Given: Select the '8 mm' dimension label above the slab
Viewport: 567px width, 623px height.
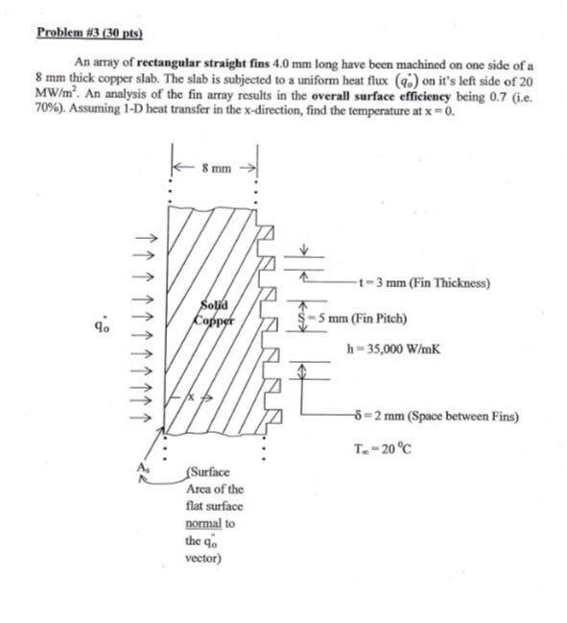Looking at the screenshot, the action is click(216, 168).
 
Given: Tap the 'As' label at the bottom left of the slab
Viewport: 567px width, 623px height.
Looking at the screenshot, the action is click(146, 468).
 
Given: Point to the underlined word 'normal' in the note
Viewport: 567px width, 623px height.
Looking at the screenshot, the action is click(203, 523).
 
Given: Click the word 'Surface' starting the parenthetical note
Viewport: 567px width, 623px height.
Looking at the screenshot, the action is click(207, 473).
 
